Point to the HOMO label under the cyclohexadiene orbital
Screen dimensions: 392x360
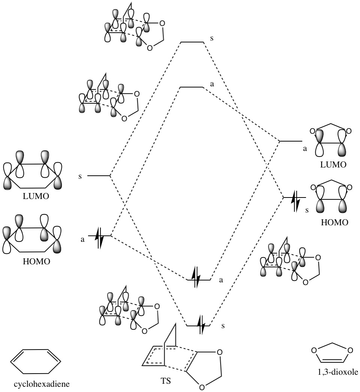pos(36,261)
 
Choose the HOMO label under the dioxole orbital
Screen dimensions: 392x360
pos(333,222)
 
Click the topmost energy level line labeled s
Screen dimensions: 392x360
pos(192,42)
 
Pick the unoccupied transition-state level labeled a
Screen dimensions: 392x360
pos(191,87)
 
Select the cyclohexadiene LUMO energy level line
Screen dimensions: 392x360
pos(98,175)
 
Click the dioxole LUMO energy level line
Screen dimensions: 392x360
pos(291,141)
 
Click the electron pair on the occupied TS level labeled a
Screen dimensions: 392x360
pos(195,279)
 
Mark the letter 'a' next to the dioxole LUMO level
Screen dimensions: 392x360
pos(305,148)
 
